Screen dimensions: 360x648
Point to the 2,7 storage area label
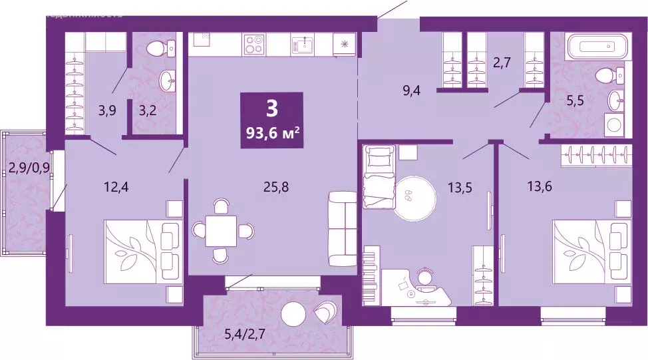(501, 65)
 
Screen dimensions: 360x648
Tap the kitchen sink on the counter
(306, 44)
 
